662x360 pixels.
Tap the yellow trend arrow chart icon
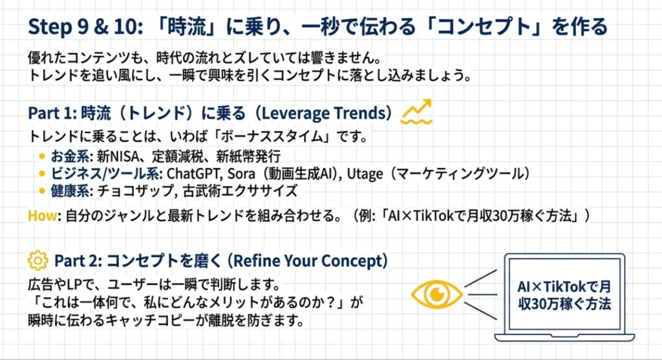416,112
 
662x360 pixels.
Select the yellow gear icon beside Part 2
38,260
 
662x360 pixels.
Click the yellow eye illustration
437,294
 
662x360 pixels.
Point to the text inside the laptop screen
564,295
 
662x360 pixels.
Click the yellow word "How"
42,216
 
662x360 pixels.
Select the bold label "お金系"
70,156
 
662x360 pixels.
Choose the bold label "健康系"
70,191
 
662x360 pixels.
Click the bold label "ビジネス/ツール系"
105,173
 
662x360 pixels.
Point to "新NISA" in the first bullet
118,156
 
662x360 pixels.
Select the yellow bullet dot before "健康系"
42,191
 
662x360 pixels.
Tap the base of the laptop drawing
564,337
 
